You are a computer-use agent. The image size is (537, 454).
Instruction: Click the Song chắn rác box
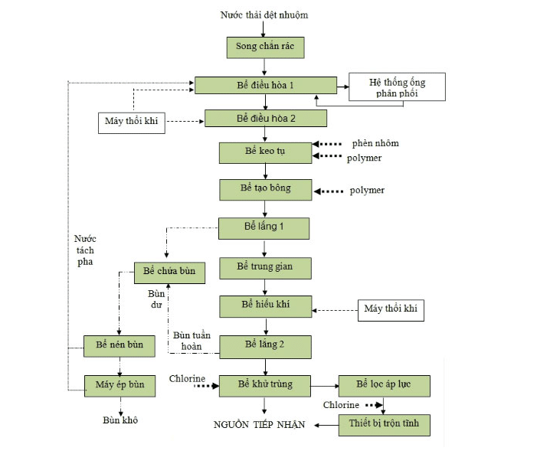pos(265,47)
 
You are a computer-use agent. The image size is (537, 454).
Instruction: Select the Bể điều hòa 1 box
pos(265,85)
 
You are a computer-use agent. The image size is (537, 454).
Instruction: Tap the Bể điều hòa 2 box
pos(265,118)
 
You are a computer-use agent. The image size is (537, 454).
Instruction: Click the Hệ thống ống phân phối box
pos(396,87)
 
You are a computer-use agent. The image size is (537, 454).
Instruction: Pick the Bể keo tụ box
pos(265,152)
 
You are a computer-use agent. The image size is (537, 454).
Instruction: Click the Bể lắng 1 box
pos(264,228)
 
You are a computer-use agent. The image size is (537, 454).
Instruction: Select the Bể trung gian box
pos(265,268)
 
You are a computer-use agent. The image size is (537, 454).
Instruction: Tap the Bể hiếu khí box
pos(265,306)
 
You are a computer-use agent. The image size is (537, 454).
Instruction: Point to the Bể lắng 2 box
pos(265,346)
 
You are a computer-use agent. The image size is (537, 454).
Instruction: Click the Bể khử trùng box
pos(265,385)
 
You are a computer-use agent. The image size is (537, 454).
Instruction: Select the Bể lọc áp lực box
pos(384,385)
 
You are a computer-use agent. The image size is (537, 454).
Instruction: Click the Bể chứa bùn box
pos(169,273)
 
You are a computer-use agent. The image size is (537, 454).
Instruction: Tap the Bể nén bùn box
pos(120,346)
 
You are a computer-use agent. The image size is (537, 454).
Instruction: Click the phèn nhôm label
pos(375,143)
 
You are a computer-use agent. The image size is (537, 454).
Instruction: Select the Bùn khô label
pos(120,420)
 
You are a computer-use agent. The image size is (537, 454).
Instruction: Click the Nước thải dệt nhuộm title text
pos(264,15)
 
